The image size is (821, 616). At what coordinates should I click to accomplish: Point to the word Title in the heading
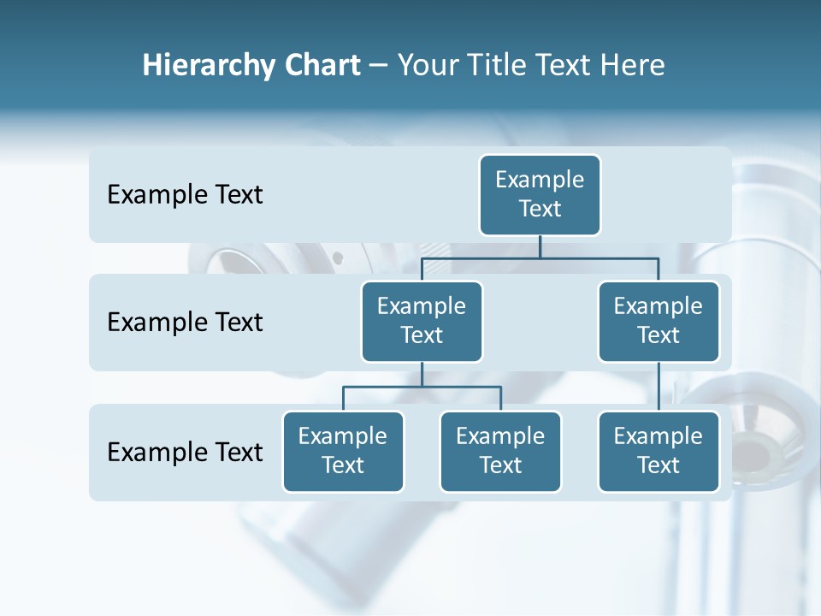click(496, 66)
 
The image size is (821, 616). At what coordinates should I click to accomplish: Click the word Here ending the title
click(634, 66)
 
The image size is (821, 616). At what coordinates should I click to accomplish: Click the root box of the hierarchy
click(540, 195)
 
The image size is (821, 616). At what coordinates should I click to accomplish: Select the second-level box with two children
click(422, 321)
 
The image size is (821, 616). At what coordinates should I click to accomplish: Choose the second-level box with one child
click(659, 321)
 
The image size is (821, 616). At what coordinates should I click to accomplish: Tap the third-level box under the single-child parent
click(659, 452)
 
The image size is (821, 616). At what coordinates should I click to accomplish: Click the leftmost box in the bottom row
click(343, 452)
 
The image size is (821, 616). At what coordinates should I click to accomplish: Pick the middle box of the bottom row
click(500, 452)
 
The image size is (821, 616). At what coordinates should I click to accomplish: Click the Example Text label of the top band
click(185, 195)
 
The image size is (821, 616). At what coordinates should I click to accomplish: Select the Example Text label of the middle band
click(185, 323)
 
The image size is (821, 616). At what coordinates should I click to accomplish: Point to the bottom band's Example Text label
click(185, 452)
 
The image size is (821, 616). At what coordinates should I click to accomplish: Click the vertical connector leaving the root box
click(540, 246)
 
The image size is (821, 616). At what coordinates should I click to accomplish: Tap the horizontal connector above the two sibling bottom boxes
click(422, 387)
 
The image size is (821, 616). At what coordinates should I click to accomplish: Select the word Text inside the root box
click(540, 209)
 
